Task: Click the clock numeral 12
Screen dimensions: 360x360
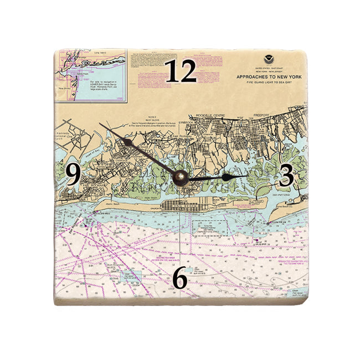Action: pos(181,72)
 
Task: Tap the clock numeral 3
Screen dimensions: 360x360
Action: pos(286,176)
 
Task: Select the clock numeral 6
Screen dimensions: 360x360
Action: pos(180,280)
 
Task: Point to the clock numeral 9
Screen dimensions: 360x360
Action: pos(73,175)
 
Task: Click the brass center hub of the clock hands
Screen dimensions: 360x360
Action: pos(181,178)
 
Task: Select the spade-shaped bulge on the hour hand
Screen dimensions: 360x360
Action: pos(227,177)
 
